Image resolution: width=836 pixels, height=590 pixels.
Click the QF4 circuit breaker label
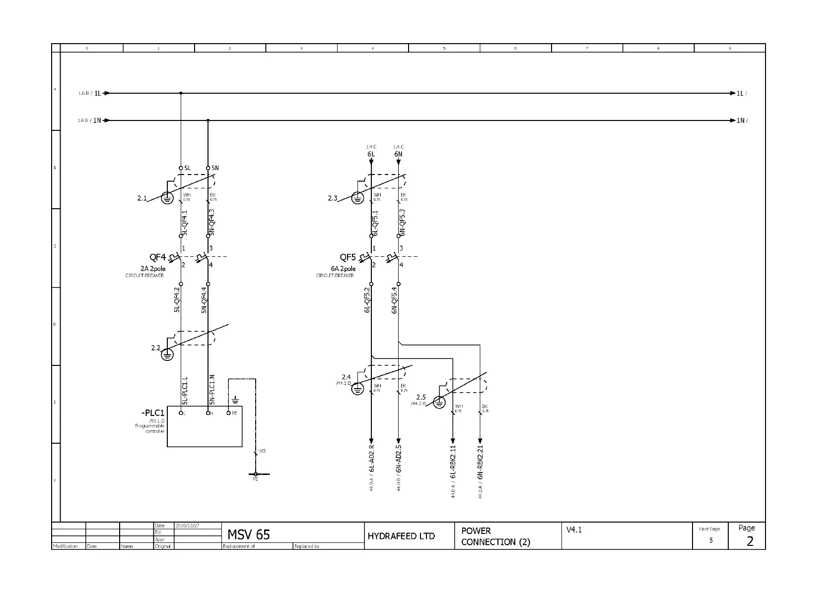[x=157, y=257]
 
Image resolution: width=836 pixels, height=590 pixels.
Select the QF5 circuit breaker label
[x=348, y=257]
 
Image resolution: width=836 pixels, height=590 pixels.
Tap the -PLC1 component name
[x=152, y=413]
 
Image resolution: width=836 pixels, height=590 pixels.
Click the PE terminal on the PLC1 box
[x=229, y=413]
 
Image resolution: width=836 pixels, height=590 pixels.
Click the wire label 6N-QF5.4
[x=395, y=300]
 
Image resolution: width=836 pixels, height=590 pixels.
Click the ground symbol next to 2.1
[x=167, y=198]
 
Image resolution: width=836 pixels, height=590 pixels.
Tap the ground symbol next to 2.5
[x=439, y=402]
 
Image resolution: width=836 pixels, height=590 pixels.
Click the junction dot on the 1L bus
[x=181, y=93]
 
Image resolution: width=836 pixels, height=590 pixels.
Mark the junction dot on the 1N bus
[x=208, y=120]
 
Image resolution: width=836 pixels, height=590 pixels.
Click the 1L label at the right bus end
[x=740, y=93]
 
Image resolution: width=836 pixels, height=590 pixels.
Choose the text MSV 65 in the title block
[x=248, y=534]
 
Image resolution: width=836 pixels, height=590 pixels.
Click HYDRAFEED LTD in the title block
[x=401, y=536]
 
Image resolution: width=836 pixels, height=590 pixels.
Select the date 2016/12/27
[x=187, y=526]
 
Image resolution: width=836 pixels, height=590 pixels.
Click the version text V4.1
[x=574, y=530]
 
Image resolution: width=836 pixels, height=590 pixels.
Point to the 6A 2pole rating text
[x=343, y=269]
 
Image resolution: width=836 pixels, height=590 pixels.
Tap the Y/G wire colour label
[x=262, y=451]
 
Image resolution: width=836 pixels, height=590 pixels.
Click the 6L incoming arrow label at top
[x=371, y=154]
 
